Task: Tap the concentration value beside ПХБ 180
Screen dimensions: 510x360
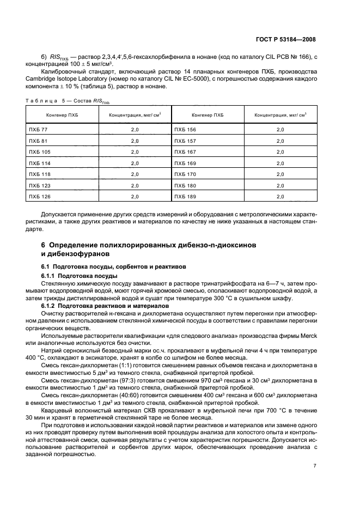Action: [280, 185]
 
